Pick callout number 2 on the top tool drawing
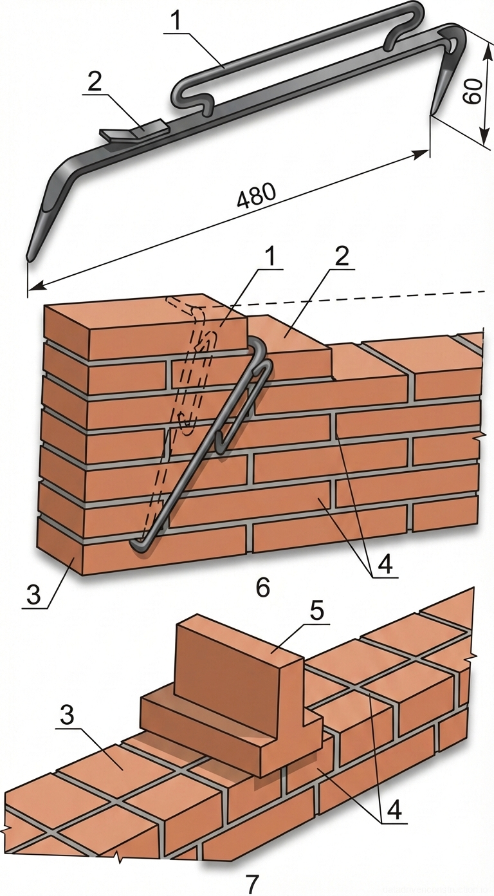95,80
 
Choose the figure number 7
252,882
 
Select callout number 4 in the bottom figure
394,808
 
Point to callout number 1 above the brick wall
271,256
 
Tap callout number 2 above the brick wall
342,256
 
